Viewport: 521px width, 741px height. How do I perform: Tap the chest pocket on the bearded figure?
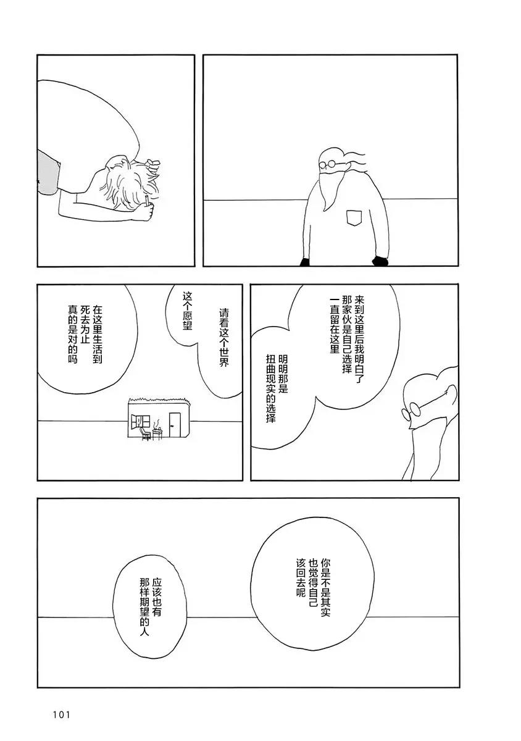354,217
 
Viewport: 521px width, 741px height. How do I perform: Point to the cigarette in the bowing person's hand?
146,200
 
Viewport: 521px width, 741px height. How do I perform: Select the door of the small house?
174,424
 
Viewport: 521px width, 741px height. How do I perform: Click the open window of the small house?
140,421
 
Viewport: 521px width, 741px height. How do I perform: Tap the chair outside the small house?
144,433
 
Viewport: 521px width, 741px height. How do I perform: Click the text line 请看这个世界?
224,337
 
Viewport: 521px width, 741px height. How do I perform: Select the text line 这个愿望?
188,310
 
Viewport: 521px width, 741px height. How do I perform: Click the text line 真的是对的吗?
72,335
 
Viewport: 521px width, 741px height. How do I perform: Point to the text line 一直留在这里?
335,325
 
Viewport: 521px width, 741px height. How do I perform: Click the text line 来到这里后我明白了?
359,340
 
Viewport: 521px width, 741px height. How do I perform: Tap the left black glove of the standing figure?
305,262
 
